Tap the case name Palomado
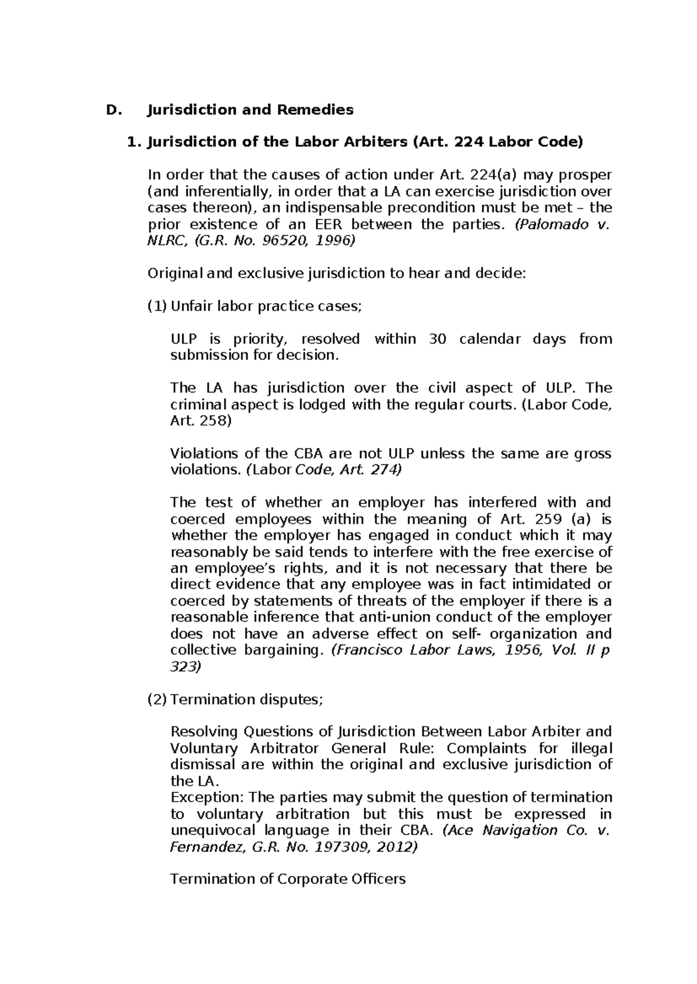pyautogui.click(x=557, y=225)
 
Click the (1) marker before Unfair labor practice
pyautogui.click(x=157, y=306)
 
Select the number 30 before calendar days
pyautogui.click(x=437, y=338)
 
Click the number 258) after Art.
pyautogui.click(x=215, y=421)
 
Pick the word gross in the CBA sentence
pyautogui.click(x=592, y=453)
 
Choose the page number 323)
pyautogui.click(x=185, y=666)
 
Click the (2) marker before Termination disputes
pyautogui.click(x=157, y=699)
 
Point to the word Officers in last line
pyautogui.click(x=378, y=879)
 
